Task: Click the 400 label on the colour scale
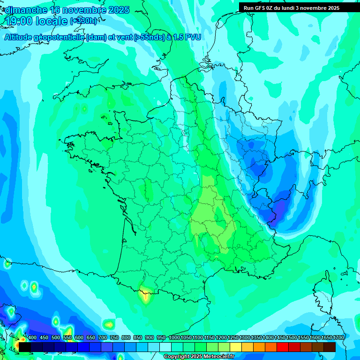click(x=32, y=338)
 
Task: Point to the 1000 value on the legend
click(x=174, y=338)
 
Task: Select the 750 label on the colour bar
click(x=114, y=338)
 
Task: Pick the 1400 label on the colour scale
click(x=268, y=338)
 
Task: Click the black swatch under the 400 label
click(x=25, y=347)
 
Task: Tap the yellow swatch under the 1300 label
click(x=247, y=347)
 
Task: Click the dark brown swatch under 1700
click(x=330, y=347)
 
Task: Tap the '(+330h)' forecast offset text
click(x=83, y=21)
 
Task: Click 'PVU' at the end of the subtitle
click(x=193, y=37)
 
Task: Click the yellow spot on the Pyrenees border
click(x=146, y=296)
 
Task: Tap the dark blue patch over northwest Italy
click(x=281, y=206)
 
